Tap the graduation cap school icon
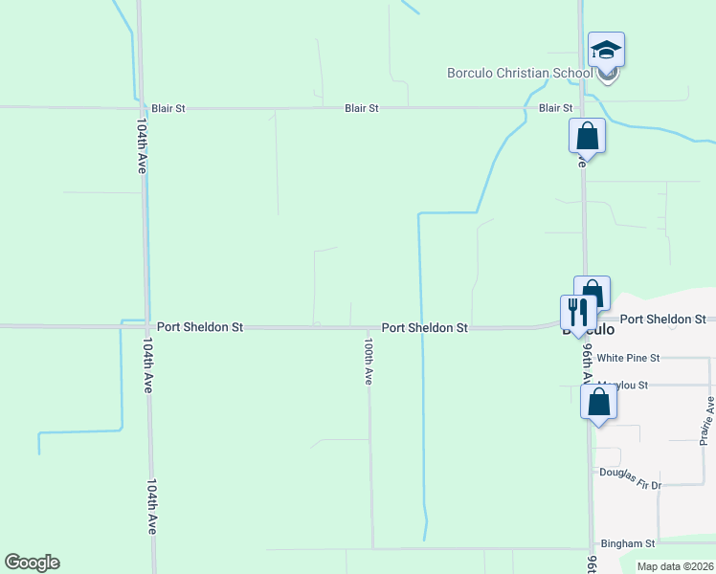click(606, 50)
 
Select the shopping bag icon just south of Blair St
click(587, 136)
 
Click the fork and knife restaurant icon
click(576, 312)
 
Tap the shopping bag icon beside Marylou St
click(599, 402)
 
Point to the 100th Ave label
click(368, 360)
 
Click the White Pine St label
click(628, 358)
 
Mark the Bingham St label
click(627, 543)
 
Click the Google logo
click(32, 563)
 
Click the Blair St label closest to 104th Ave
click(168, 108)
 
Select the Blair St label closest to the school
click(555, 108)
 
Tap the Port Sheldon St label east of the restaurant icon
click(662, 319)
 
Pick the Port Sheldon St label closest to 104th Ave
click(201, 327)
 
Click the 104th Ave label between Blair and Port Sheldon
click(141, 145)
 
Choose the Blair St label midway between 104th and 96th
click(362, 108)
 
